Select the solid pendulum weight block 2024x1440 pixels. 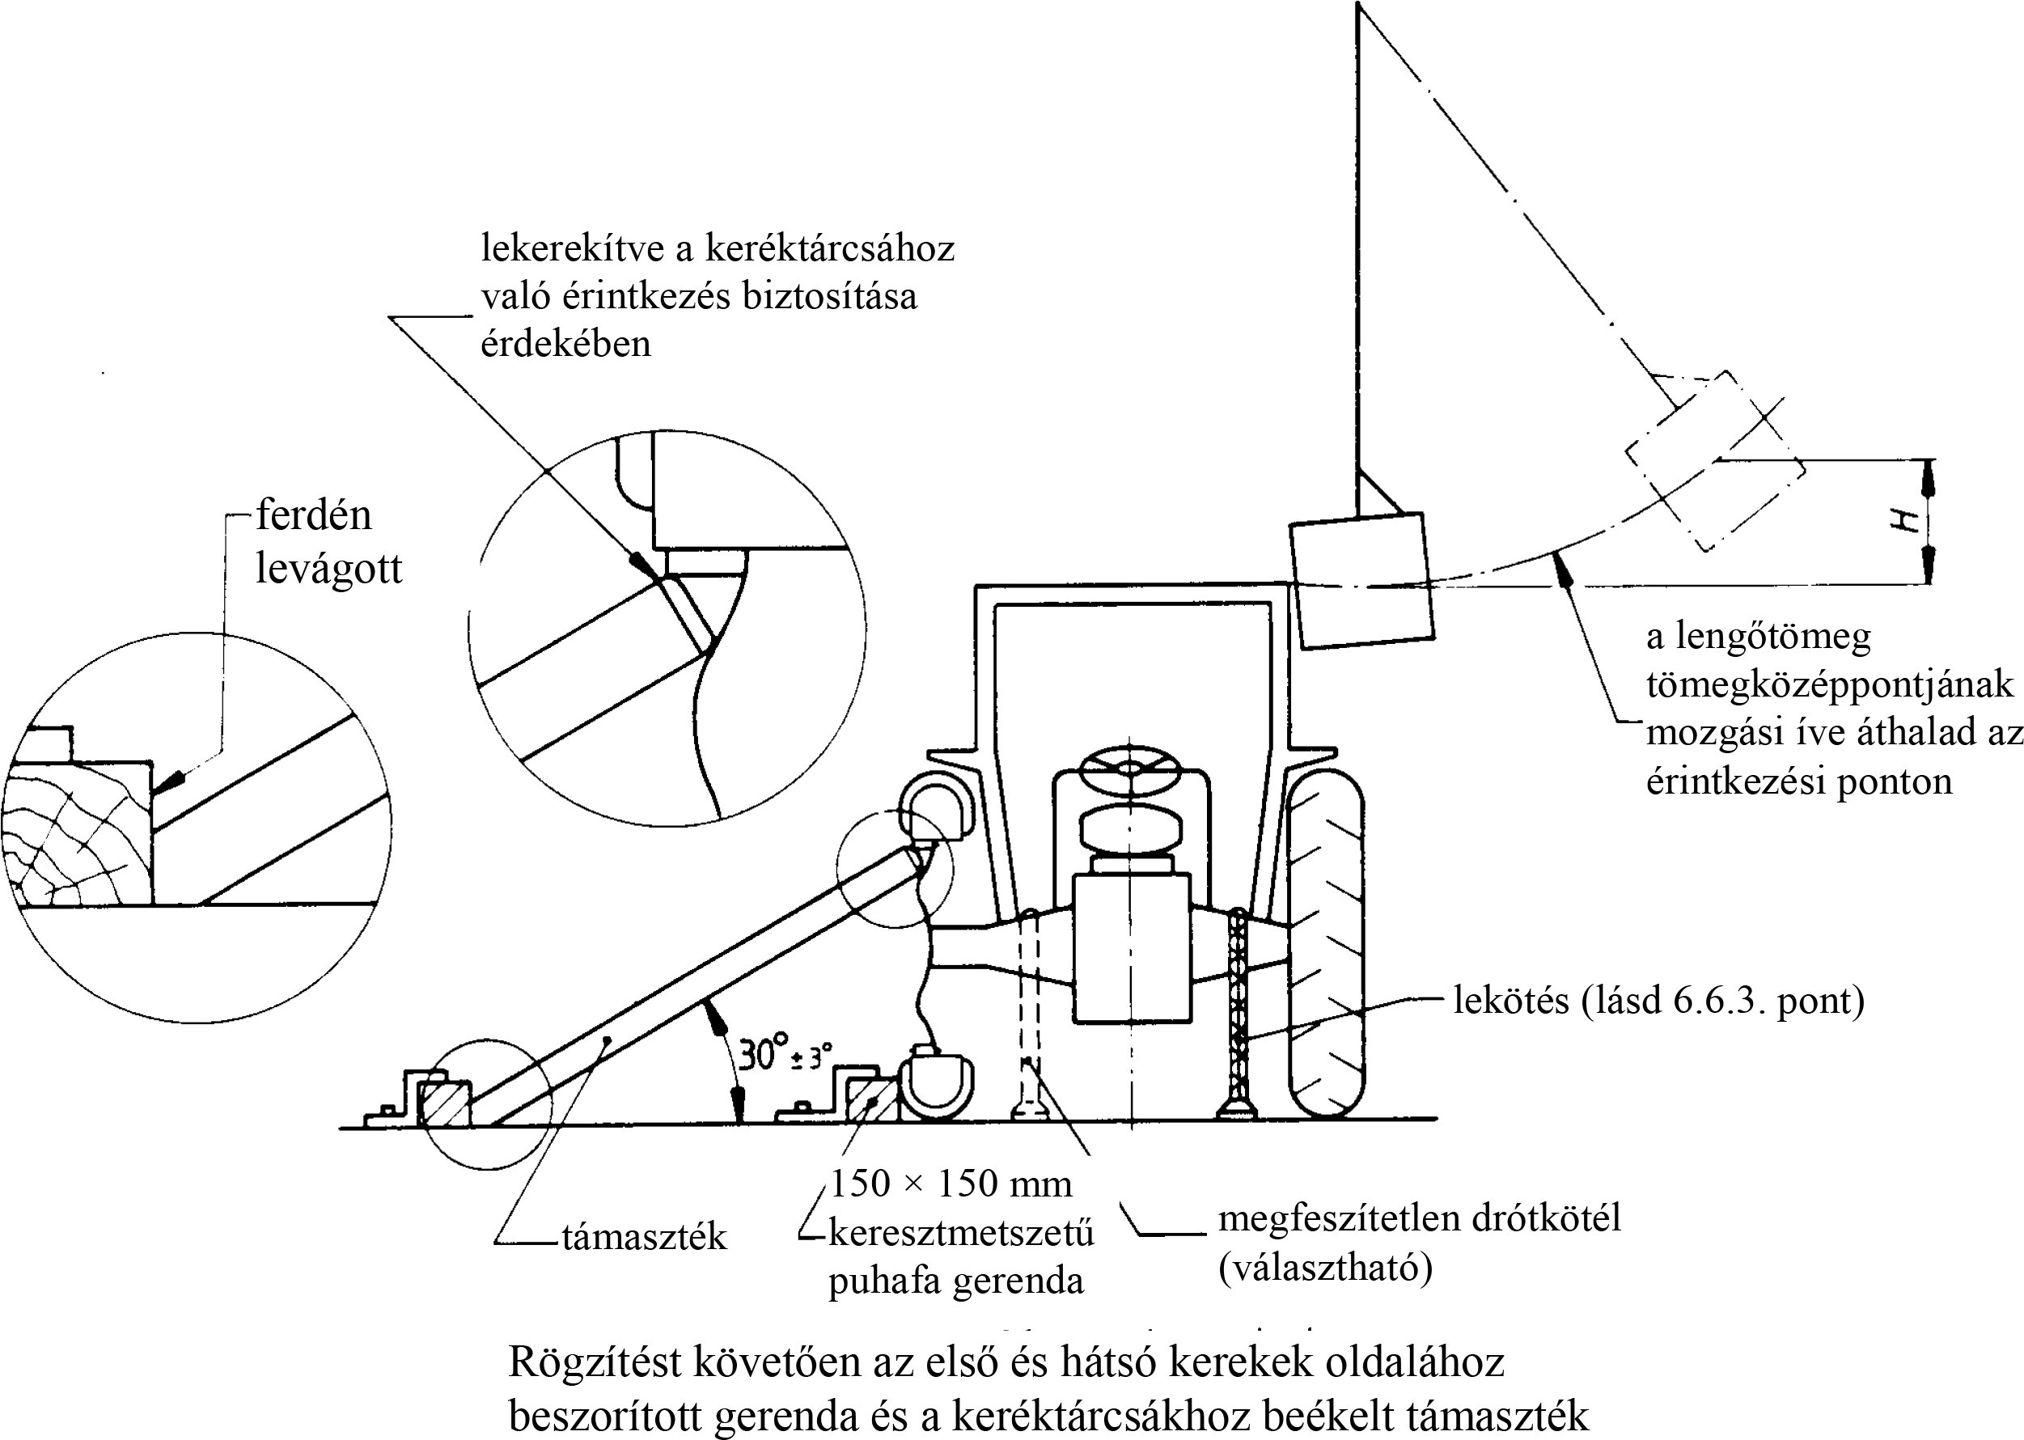tap(1361, 580)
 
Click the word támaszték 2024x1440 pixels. tap(644, 1237)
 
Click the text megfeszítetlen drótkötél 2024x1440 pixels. tap(1418, 1218)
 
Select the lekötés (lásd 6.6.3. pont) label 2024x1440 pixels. tap(1658, 1000)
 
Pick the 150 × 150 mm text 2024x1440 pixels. tap(951, 1184)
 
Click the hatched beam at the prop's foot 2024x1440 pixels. tap(444, 1105)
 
